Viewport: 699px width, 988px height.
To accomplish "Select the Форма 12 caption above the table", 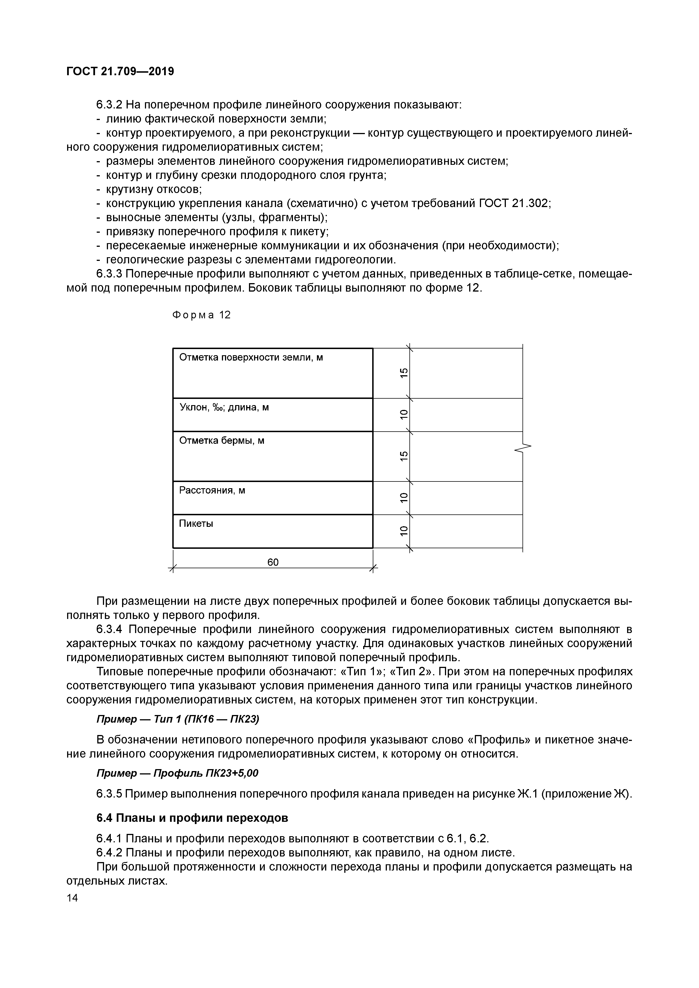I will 201,315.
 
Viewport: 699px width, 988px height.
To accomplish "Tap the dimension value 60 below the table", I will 273,562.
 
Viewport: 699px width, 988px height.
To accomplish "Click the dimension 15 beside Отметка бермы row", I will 403,456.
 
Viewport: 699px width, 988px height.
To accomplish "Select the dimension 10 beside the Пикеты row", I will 403,531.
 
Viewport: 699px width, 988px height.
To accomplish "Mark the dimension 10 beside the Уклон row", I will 403,414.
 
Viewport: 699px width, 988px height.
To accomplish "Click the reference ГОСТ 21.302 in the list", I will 514,203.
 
